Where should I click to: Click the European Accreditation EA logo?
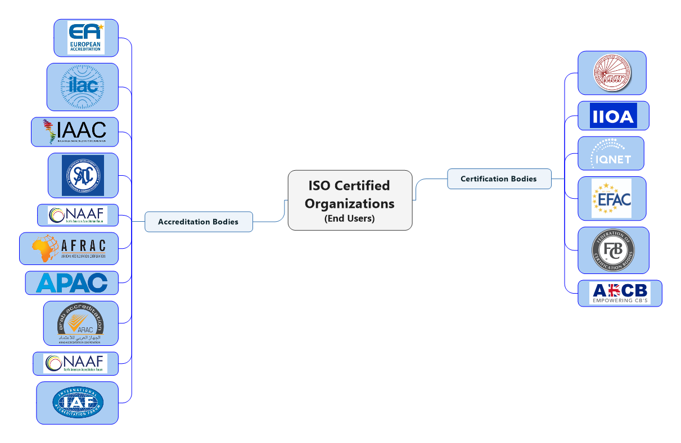pos(85,38)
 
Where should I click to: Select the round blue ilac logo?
pos(83,86)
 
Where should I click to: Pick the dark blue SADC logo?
pos(83,175)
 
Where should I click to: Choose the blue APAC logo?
pos(72,282)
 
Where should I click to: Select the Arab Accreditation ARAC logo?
pos(80,323)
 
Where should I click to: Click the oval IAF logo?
pos(78,403)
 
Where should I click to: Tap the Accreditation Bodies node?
pos(199,222)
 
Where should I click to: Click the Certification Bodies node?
pos(499,179)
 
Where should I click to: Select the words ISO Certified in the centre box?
pos(349,186)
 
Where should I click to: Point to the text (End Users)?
pos(349,218)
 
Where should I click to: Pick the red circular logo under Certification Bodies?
pos(612,73)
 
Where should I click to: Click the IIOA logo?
pos(614,116)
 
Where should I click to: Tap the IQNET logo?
pos(611,153)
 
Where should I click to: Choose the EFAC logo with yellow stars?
pos(611,198)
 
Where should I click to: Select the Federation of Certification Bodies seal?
pos(613,250)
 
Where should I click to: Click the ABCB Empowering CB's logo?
pos(620,293)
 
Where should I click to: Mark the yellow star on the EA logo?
pos(101,26)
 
